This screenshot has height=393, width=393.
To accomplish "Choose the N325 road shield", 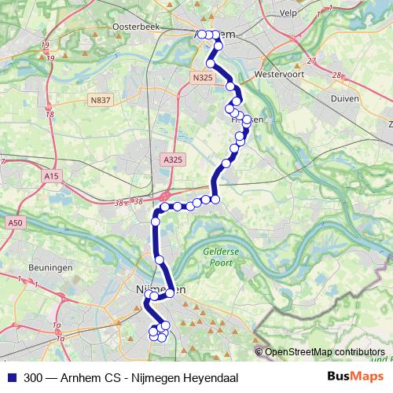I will pyautogui.click(x=202, y=77).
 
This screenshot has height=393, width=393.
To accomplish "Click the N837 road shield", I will pyautogui.click(x=100, y=100).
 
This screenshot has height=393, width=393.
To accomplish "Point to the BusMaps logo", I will pyautogui.click(x=351, y=377).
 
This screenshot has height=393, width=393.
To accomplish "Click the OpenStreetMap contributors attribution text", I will pyautogui.click(x=325, y=352).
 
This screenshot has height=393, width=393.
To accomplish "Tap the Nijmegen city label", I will pyautogui.click(x=165, y=290).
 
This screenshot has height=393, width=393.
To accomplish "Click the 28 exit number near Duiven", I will pyautogui.click(x=336, y=75).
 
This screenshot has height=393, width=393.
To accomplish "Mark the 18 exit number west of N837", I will pyautogui.click(x=50, y=115).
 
